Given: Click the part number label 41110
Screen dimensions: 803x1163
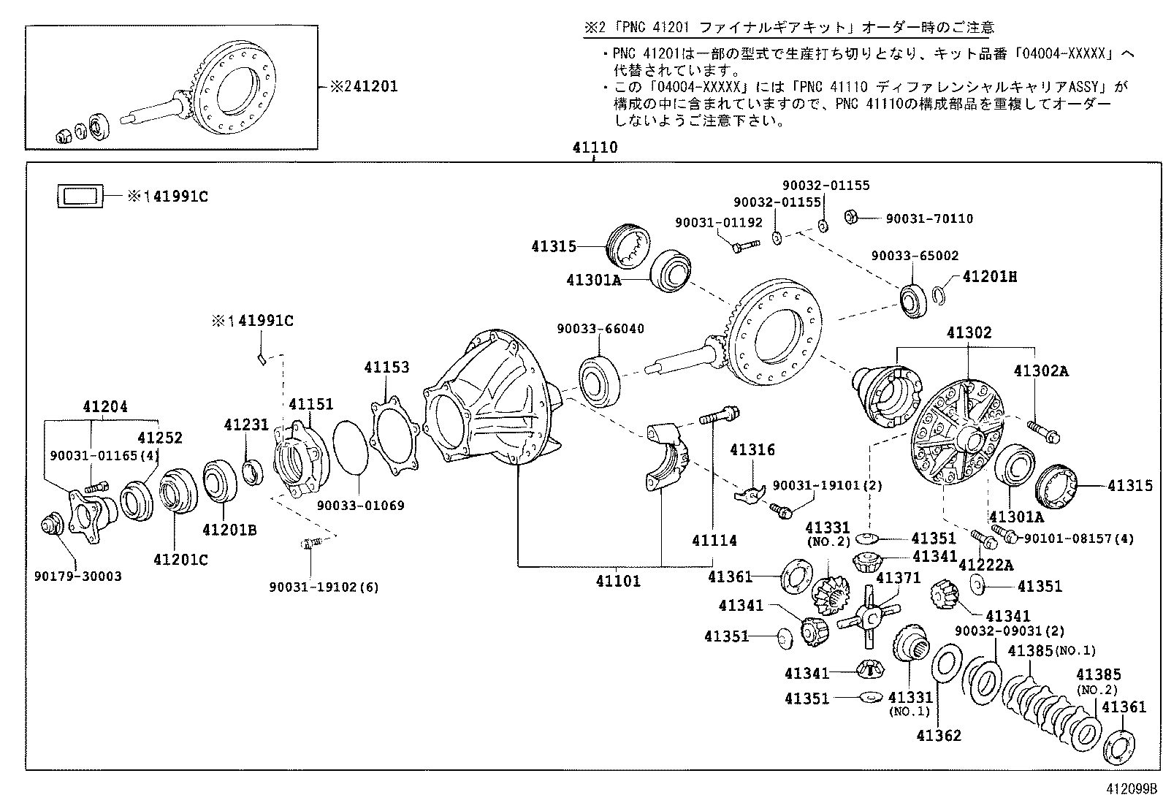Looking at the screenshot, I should click(595, 148).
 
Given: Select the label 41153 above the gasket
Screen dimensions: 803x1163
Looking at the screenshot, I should click(387, 367).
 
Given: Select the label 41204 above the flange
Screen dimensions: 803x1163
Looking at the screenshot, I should click(104, 406).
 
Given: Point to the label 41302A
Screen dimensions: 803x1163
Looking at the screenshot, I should click(1041, 370).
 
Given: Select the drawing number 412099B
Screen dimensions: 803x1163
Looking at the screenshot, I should click(1132, 789).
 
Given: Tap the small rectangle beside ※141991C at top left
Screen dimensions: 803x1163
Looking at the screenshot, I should click(80, 196).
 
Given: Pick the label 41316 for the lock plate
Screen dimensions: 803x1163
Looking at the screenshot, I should click(752, 450).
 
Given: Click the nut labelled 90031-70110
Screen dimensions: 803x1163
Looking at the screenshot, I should click(850, 217).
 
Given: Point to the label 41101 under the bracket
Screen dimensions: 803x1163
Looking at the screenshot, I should click(617, 582).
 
